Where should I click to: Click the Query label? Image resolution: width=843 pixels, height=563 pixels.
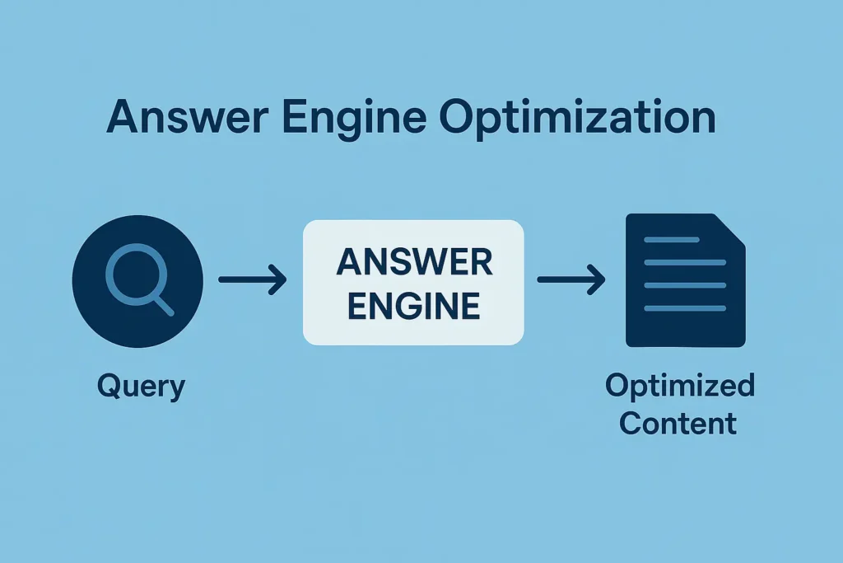point(141,385)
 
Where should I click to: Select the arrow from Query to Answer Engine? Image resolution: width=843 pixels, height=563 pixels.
point(252,280)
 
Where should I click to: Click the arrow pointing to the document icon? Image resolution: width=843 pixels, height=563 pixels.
point(571,280)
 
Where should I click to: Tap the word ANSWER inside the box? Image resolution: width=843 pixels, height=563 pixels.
point(414,262)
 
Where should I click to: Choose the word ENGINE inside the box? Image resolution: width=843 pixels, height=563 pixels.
point(414,306)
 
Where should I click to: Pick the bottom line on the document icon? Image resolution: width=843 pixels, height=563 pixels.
point(685,308)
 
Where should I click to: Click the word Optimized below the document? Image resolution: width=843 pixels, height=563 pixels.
point(679,385)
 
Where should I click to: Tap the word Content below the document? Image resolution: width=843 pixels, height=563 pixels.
point(678,423)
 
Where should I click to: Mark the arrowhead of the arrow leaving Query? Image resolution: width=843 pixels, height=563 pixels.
point(278,280)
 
